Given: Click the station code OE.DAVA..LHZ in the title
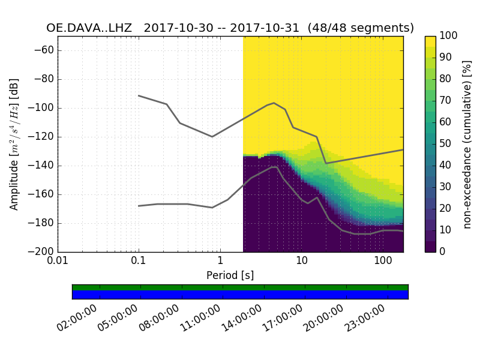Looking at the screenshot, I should [x=89, y=28].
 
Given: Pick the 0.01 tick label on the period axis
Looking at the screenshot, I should [x=58, y=262].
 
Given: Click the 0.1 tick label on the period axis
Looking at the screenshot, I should [x=139, y=262].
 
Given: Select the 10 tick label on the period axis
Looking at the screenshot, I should [x=301, y=262].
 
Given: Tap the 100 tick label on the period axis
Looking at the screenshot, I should [x=383, y=262].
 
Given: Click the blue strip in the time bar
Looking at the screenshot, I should [x=240, y=295].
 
